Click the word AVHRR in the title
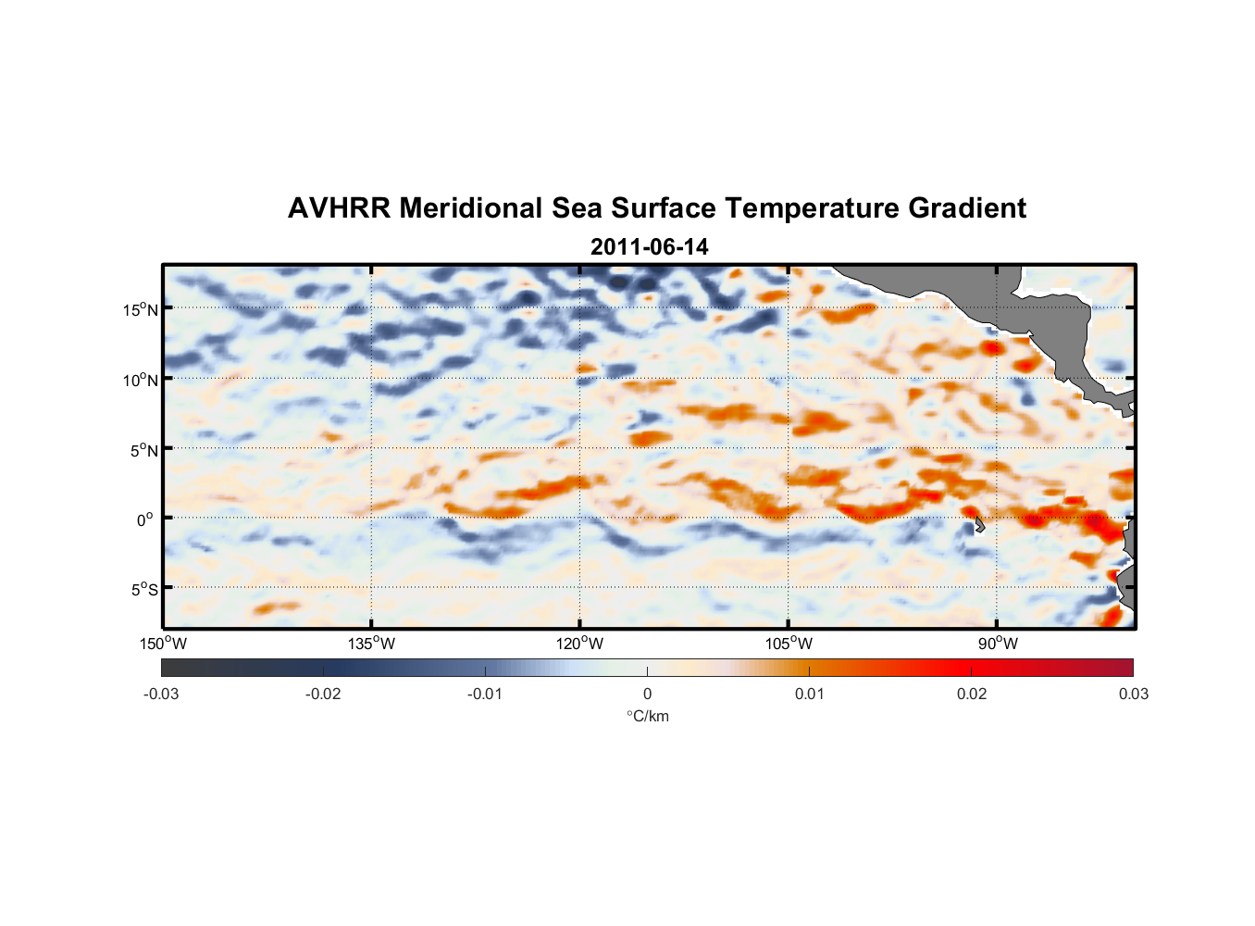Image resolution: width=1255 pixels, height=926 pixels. pos(339,208)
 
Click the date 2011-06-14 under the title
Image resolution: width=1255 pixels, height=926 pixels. pos(649,247)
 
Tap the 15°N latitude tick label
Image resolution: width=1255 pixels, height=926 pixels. pos(141,309)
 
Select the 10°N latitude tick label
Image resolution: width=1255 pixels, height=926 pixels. pos(141,380)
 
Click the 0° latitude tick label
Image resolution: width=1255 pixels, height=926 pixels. pos(145,519)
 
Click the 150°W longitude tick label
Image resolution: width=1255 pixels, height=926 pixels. pos(163,644)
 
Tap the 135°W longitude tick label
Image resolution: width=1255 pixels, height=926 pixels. pos(371,644)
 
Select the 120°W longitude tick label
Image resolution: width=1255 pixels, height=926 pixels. pos(579,644)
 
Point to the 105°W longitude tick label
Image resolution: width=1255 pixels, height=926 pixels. pos(789,644)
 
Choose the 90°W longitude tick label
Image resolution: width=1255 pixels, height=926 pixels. pos(998,644)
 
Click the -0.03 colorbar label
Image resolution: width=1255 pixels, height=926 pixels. pos(161,694)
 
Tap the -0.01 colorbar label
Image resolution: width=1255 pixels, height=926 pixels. pos(485,694)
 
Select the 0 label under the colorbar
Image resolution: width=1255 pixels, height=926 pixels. pos(647,694)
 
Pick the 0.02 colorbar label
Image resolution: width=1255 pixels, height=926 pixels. pos(972,694)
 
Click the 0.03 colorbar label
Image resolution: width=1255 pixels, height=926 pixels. pos(1133,694)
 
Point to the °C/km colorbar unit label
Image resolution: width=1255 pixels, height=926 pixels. pos(647,716)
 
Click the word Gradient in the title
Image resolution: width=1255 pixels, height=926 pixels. pos(967,208)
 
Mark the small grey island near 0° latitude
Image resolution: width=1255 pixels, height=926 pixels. pos(979,525)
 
